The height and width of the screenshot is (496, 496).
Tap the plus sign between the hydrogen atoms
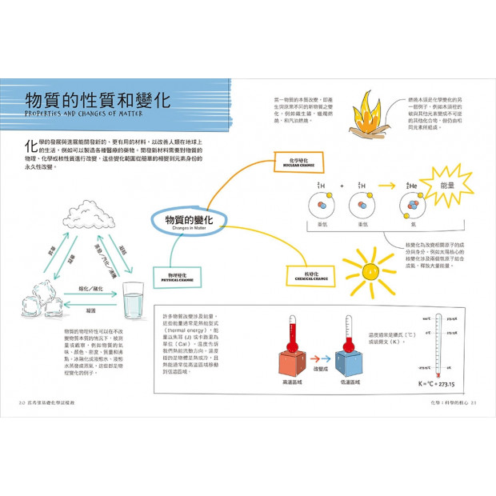(341, 186)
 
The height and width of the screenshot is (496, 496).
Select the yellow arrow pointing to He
(386, 186)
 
